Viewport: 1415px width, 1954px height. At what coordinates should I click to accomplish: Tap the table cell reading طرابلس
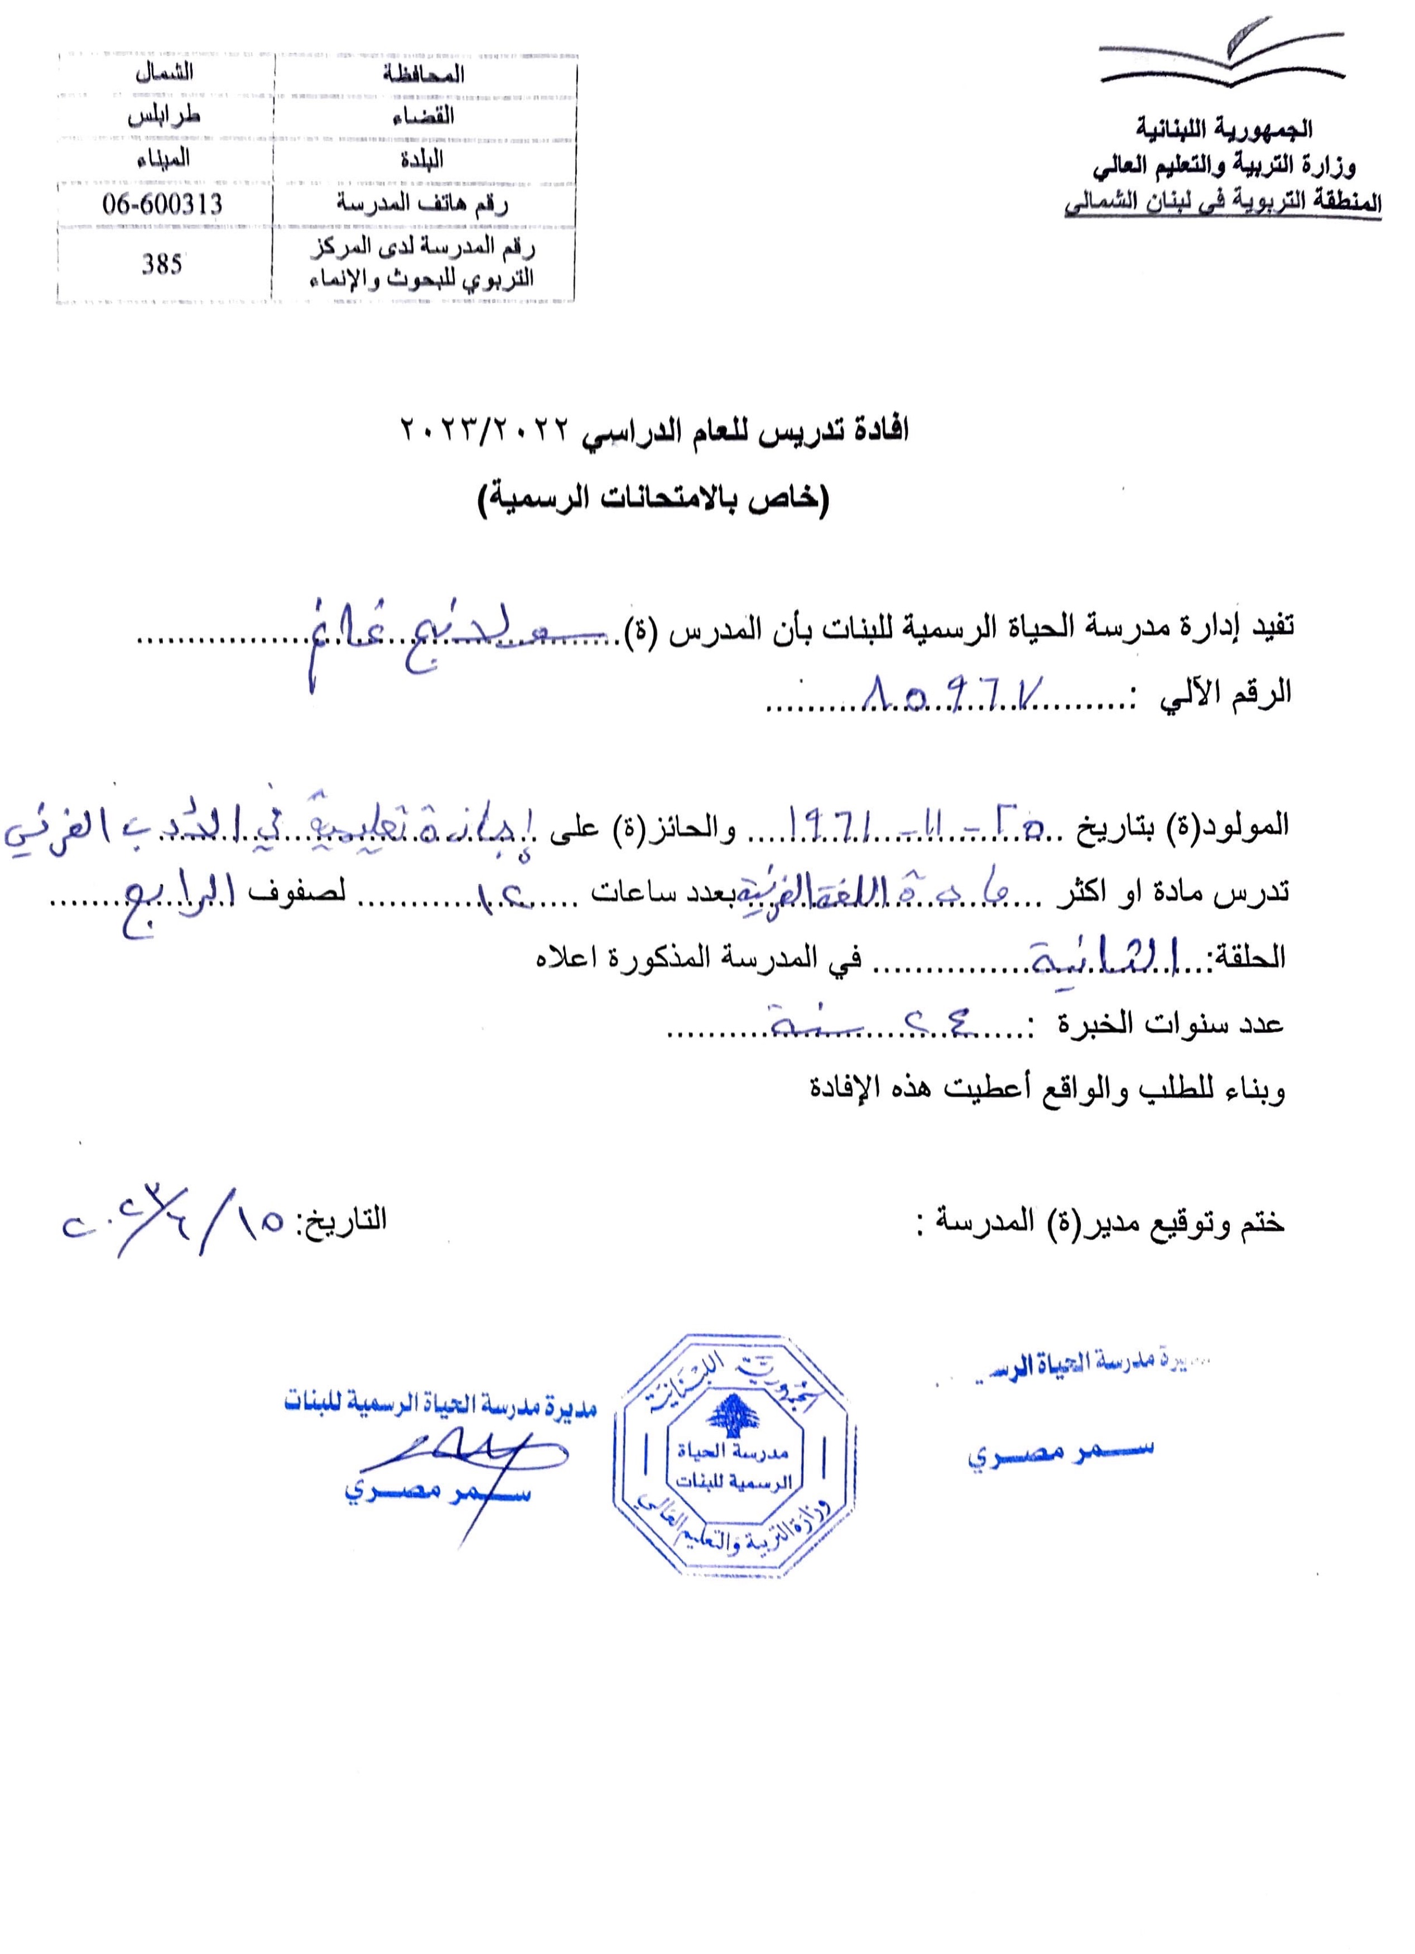[163, 116]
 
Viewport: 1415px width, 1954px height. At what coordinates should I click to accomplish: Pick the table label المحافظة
[423, 74]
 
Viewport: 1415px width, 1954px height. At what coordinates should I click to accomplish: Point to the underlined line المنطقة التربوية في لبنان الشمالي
[1223, 203]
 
